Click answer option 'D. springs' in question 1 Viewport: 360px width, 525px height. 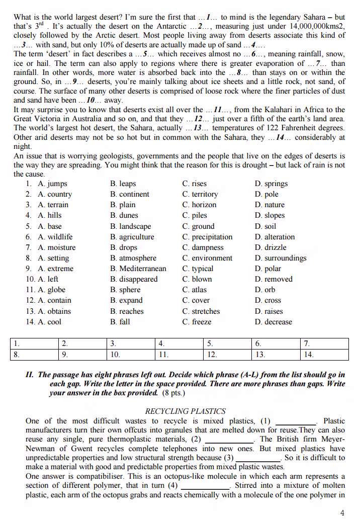[x=271, y=184]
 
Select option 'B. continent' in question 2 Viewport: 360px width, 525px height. [x=130, y=194]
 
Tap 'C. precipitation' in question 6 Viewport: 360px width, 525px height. [x=207, y=237]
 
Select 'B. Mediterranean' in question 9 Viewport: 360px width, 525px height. [x=137, y=269]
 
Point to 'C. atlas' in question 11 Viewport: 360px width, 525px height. [x=195, y=290]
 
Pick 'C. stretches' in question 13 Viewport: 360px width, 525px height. [x=201, y=311]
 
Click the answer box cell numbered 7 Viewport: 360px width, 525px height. [x=324, y=344]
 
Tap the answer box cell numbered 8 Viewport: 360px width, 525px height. [x=34, y=355]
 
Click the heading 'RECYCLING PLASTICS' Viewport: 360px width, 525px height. [x=185, y=411]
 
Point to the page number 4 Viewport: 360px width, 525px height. [x=342, y=513]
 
